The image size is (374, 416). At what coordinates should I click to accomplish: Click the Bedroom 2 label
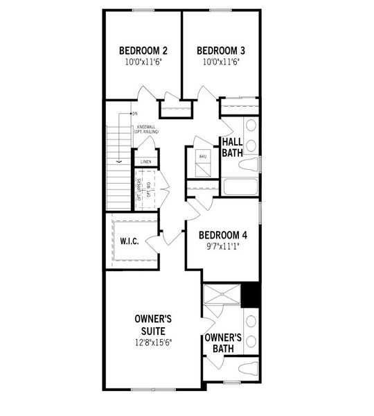point(143,51)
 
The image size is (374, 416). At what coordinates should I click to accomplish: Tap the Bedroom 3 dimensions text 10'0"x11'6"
point(221,62)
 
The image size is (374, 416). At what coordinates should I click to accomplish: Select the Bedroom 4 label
point(223,235)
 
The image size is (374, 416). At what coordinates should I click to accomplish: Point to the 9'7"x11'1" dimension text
point(223,246)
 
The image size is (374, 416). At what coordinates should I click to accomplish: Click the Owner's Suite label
point(153,324)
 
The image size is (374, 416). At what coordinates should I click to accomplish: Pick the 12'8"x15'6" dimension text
point(153,343)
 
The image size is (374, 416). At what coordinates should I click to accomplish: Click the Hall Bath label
point(232,147)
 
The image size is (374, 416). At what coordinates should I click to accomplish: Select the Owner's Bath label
point(222,343)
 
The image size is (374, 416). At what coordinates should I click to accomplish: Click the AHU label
point(203,157)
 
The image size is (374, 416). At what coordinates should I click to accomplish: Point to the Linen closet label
point(145,162)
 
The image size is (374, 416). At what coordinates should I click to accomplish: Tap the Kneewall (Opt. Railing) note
point(148,130)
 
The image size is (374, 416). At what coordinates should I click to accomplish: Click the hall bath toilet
point(249,165)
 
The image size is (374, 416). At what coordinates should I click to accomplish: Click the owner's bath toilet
point(248,367)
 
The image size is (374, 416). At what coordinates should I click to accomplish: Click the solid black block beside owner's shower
point(251,295)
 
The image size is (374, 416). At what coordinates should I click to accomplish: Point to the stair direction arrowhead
point(119,161)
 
